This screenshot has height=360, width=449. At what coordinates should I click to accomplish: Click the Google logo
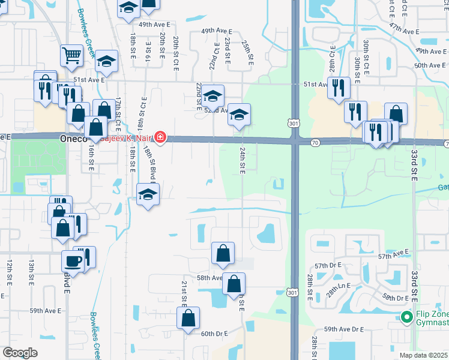point(20,353)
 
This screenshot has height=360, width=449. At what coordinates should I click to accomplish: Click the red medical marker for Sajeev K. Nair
point(160,138)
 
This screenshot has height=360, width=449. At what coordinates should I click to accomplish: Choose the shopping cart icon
point(71,55)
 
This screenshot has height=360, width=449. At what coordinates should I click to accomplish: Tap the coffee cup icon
point(73,261)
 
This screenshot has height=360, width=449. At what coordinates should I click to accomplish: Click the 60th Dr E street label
point(214,334)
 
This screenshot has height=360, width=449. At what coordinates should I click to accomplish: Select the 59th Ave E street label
point(46,310)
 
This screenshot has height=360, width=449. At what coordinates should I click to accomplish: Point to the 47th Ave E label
point(403,29)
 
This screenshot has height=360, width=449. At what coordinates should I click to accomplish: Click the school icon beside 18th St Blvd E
point(148,194)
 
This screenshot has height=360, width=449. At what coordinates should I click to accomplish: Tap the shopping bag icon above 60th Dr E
point(188,318)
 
